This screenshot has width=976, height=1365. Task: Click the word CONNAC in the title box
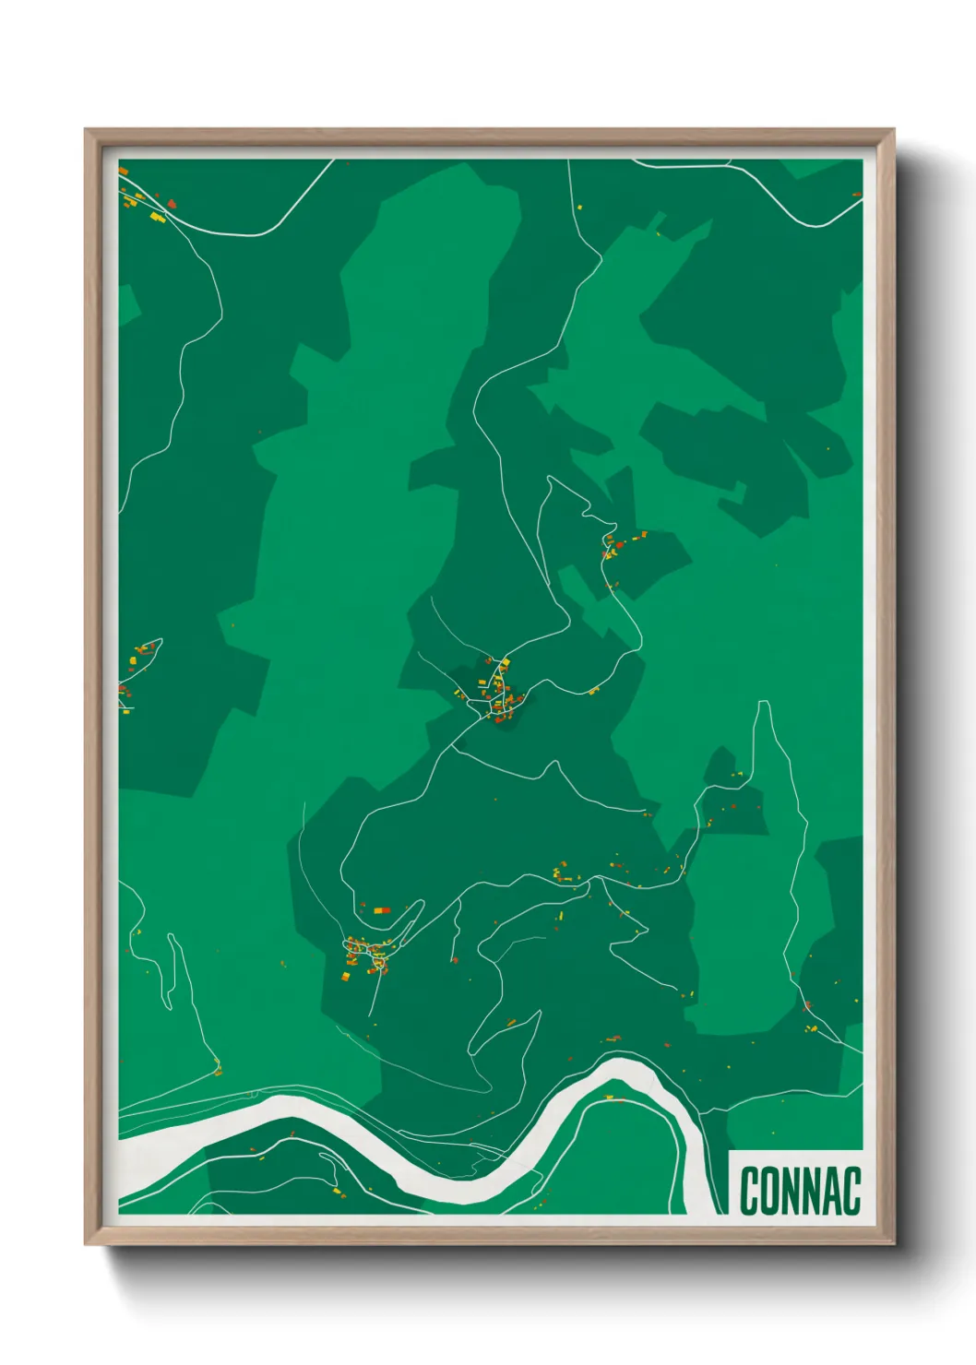pos(799,1191)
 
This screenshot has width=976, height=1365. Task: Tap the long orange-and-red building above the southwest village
pos(382,910)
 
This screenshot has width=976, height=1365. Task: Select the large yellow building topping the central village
pos(505,662)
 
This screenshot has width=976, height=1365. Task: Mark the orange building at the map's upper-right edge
pos(856,194)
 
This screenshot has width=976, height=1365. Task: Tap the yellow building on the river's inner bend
pos(609,1097)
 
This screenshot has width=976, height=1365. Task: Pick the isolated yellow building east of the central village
pos(594,690)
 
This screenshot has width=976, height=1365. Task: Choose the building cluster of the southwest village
pos(365,955)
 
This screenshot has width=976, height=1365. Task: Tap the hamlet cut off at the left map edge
pos(134,669)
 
